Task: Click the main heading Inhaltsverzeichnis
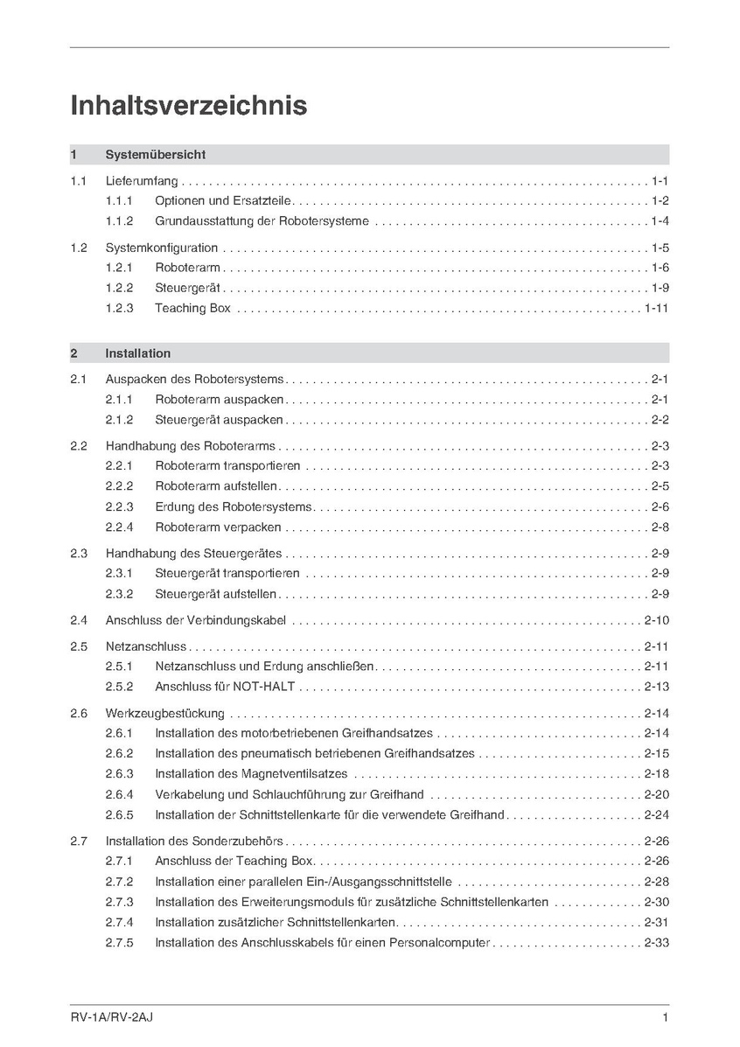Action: [x=188, y=106]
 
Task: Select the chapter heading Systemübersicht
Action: [x=155, y=155]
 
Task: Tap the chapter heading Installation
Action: [x=137, y=353]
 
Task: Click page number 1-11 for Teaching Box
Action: [x=656, y=308]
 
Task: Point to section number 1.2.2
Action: [x=119, y=288]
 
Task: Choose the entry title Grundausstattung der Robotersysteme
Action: [x=262, y=221]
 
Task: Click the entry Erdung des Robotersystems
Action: [x=234, y=506]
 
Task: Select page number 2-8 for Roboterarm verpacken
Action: [x=660, y=527]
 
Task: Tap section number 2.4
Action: [x=79, y=620]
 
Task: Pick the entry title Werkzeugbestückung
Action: [x=164, y=713]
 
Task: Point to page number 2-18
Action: [x=656, y=773]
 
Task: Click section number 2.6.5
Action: [x=119, y=814]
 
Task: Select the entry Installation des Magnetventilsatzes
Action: [x=251, y=773]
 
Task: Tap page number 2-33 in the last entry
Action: [x=656, y=943]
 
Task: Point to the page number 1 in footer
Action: [x=666, y=1017]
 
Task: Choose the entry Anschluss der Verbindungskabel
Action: [x=196, y=620]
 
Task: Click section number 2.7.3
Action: [x=119, y=902]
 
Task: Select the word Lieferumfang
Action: [x=142, y=181]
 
